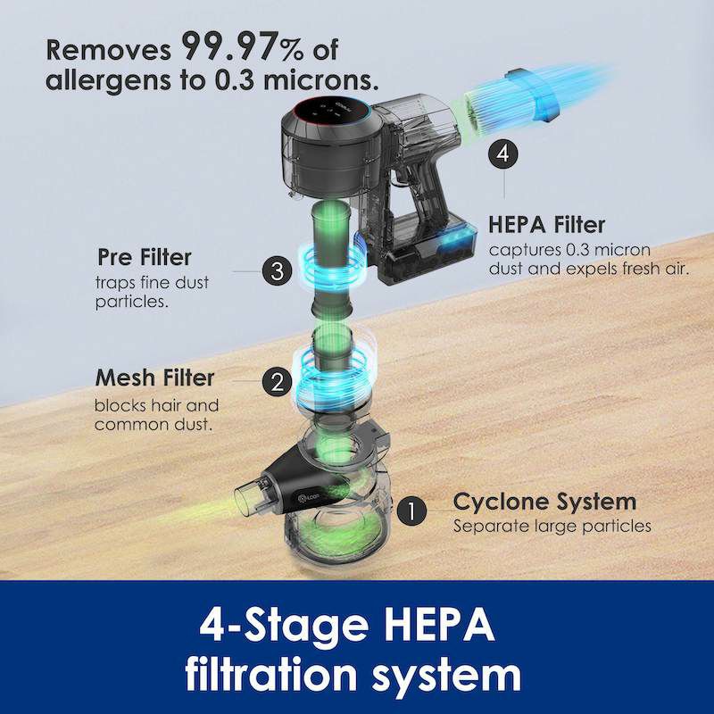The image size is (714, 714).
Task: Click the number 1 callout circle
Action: click(x=411, y=511)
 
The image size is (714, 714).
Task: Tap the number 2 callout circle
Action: click(x=277, y=382)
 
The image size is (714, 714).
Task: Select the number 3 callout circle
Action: click(x=277, y=271)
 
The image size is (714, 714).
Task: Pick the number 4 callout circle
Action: click(x=503, y=154)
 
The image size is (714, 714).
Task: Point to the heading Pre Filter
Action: click(x=145, y=257)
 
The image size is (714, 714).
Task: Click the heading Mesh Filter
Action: click(x=154, y=378)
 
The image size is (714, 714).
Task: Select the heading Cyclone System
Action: click(x=544, y=502)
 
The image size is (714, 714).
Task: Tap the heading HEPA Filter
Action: click(x=547, y=225)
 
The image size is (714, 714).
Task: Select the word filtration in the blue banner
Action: click(x=270, y=674)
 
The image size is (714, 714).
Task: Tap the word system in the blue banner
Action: click(x=447, y=677)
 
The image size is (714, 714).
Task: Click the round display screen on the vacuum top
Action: click(x=331, y=112)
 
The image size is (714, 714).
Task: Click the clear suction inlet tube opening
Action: click(x=247, y=502)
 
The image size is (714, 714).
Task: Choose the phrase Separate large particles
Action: click(x=552, y=527)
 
